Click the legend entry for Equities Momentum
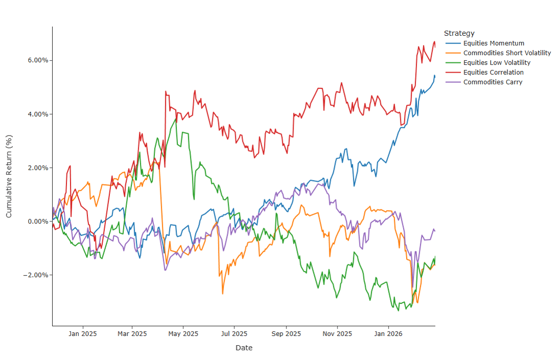pyautogui.click(x=494, y=43)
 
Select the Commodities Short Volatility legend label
pyautogui.click(x=507, y=53)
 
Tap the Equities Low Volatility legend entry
pyautogui.click(x=497, y=63)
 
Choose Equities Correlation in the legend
pyautogui.click(x=493, y=73)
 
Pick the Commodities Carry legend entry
pyautogui.click(x=493, y=82)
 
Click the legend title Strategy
pyautogui.click(x=459, y=34)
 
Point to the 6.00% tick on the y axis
pyautogui.click(x=37, y=60)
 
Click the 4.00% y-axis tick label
pyautogui.click(x=37, y=114)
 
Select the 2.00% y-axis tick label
pyautogui.click(x=37, y=168)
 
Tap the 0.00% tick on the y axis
pyautogui.click(x=37, y=221)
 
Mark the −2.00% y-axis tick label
pyautogui.click(x=36, y=275)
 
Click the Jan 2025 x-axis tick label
pyautogui.click(x=83, y=334)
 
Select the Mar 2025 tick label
pyautogui.click(x=132, y=334)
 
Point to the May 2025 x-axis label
pyautogui.click(x=183, y=334)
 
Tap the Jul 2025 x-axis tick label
pyautogui.click(x=234, y=334)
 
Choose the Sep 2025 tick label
pyautogui.click(x=286, y=334)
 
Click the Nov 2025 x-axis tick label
pyautogui.click(x=338, y=334)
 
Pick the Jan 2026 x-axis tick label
pyautogui.click(x=388, y=334)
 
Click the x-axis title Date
pyautogui.click(x=243, y=348)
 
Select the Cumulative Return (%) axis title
pyautogui.click(x=9, y=176)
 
